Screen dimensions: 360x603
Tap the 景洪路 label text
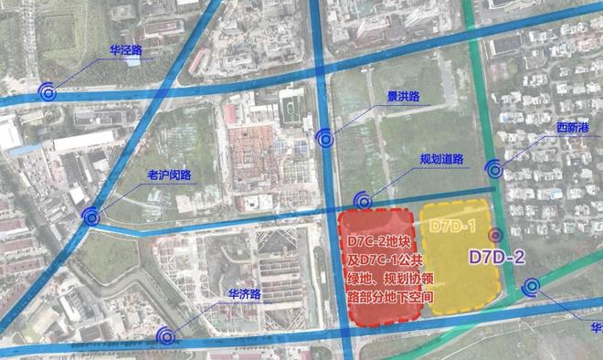tap(403, 95)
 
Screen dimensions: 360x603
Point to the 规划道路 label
tap(442, 158)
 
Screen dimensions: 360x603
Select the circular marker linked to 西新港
tap(494, 168)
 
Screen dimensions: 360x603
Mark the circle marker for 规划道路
tap(364, 200)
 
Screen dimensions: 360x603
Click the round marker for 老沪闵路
tap(90, 217)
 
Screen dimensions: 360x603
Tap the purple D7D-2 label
tap(495, 257)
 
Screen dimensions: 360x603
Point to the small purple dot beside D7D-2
tap(495, 234)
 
